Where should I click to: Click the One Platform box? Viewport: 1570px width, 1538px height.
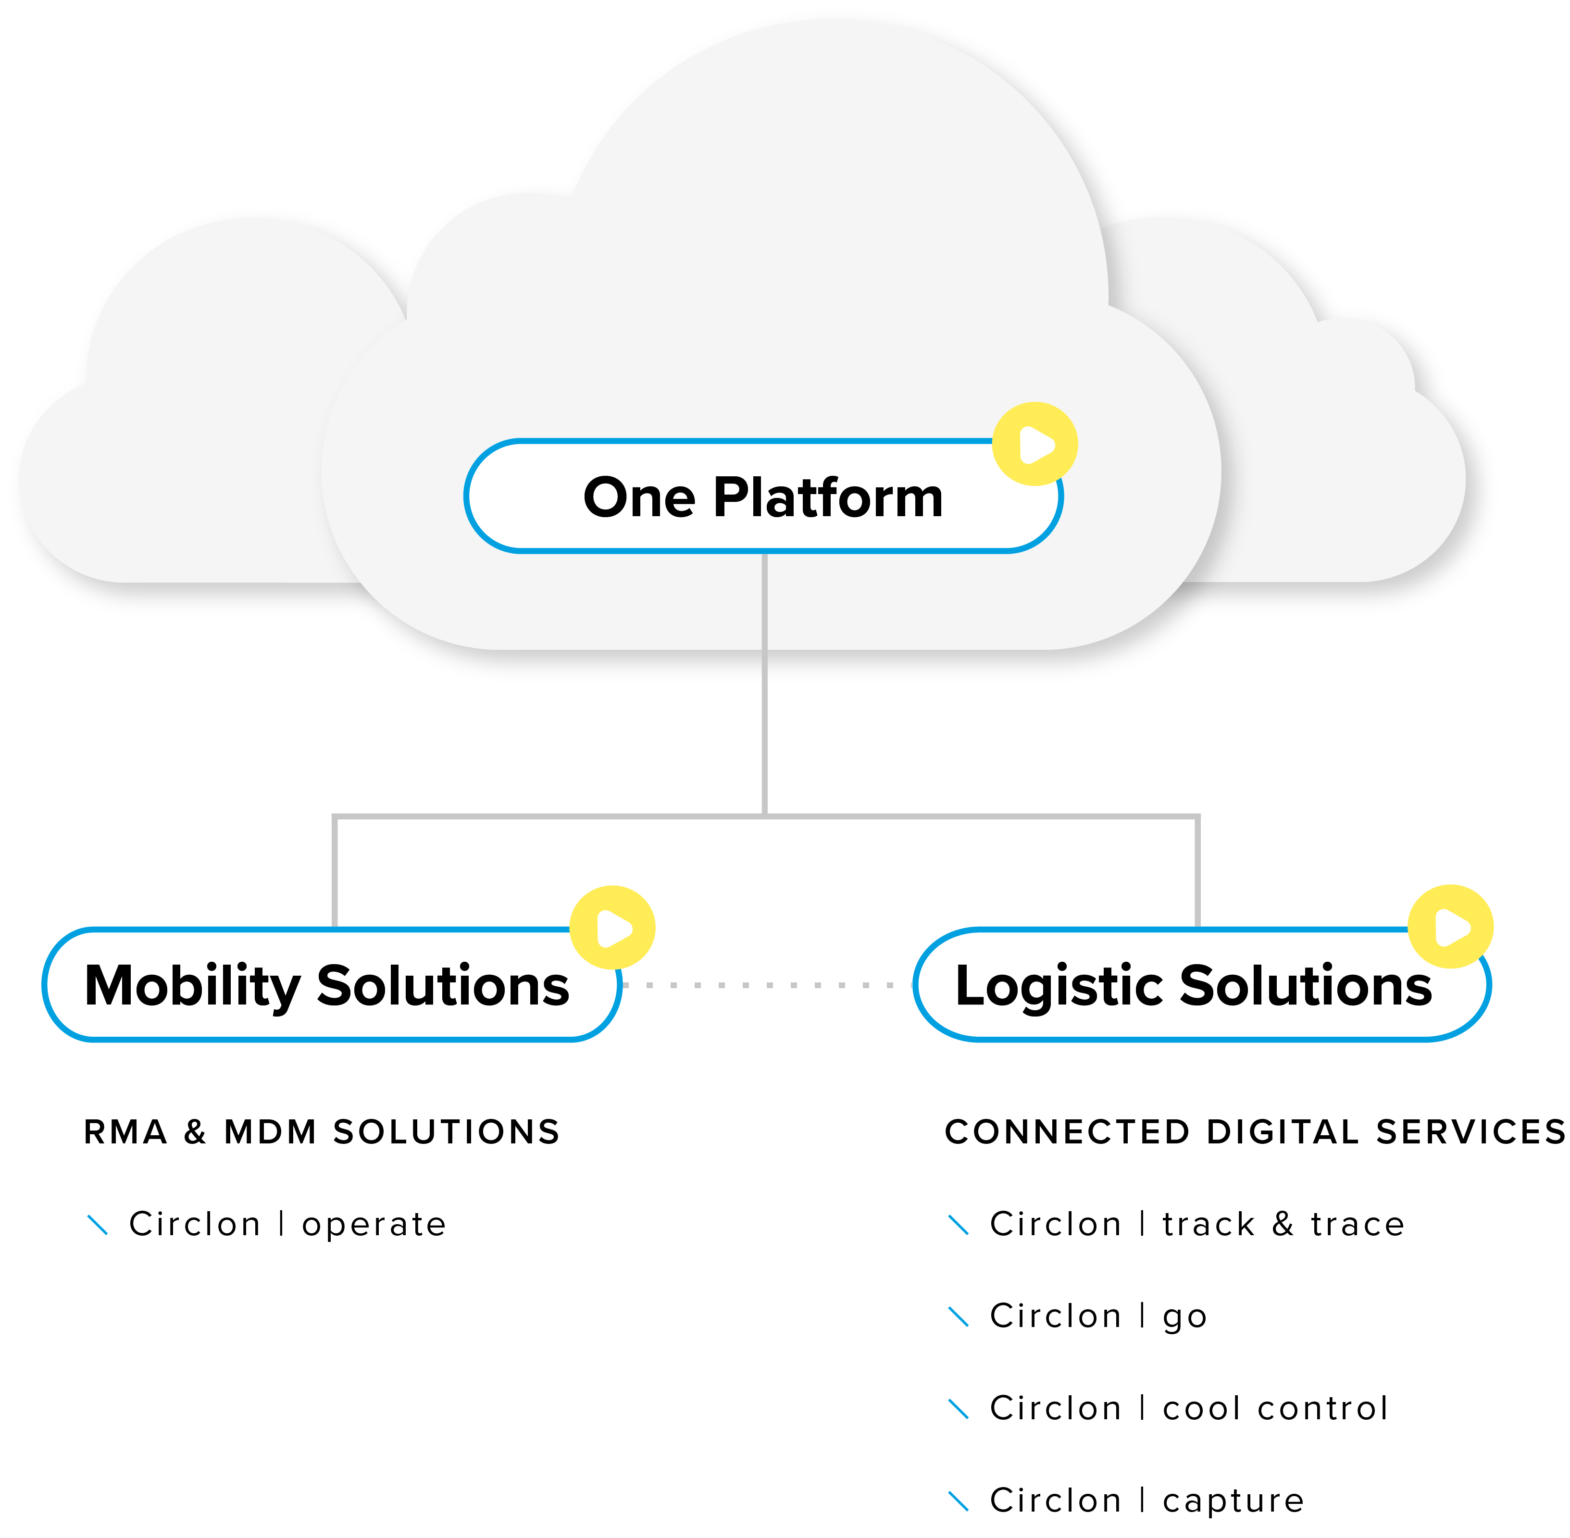[x=763, y=496]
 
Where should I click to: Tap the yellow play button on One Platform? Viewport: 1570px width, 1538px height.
[x=1034, y=444]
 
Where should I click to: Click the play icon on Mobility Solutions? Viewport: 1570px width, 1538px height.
[x=612, y=927]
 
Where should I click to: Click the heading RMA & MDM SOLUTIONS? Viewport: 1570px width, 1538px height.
[x=322, y=1132]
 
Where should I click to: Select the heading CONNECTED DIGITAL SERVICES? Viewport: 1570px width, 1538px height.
[x=1254, y=1132]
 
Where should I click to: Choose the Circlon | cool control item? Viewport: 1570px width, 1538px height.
[x=1189, y=1408]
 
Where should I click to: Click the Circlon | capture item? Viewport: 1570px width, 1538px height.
[x=1146, y=1500]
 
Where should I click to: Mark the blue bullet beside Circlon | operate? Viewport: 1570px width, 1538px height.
[x=97, y=1225]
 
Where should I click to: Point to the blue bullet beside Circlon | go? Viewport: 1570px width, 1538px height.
[x=959, y=1316]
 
